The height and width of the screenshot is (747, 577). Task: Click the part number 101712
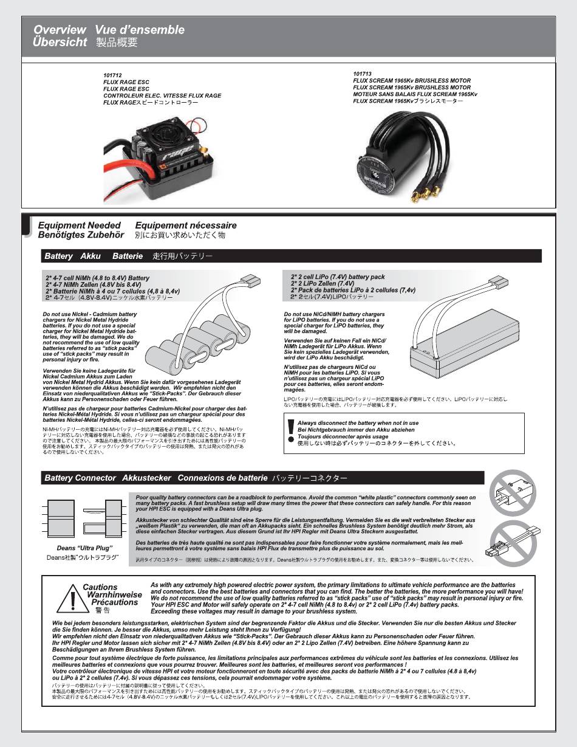(112, 75)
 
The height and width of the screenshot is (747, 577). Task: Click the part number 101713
(362, 74)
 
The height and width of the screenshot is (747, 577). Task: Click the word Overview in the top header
(60, 30)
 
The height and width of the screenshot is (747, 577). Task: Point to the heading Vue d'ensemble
(140, 30)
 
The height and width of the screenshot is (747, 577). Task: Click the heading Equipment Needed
(80, 225)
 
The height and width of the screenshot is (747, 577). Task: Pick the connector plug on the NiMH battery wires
(250, 280)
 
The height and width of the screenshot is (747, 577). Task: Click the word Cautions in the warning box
(100, 587)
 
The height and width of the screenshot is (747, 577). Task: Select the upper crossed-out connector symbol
(513, 492)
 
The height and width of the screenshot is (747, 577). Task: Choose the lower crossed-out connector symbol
(513, 540)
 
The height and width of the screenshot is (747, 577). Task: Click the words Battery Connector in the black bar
(80, 478)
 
